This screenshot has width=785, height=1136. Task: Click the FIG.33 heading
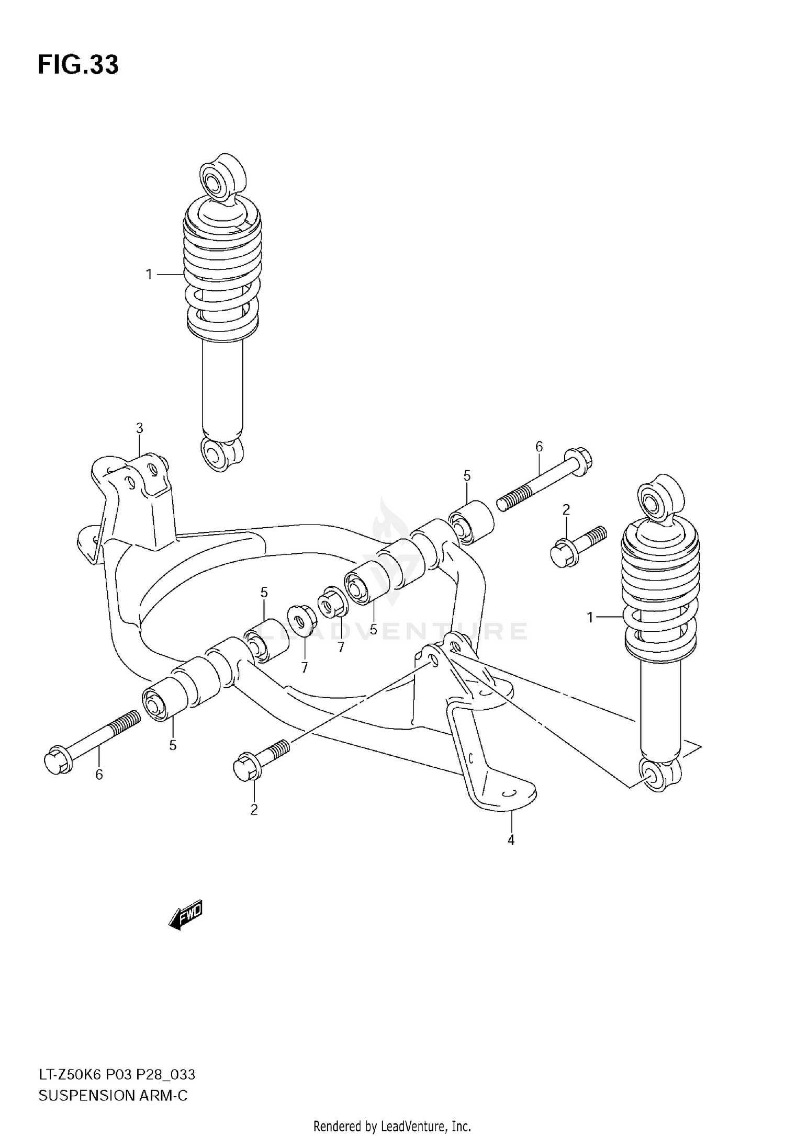point(78,65)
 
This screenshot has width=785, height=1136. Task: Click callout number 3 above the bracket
point(139,428)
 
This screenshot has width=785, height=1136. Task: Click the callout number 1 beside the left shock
point(149,275)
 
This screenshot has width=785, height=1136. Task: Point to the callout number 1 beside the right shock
point(590,618)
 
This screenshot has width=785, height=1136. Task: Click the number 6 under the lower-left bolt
point(99,774)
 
